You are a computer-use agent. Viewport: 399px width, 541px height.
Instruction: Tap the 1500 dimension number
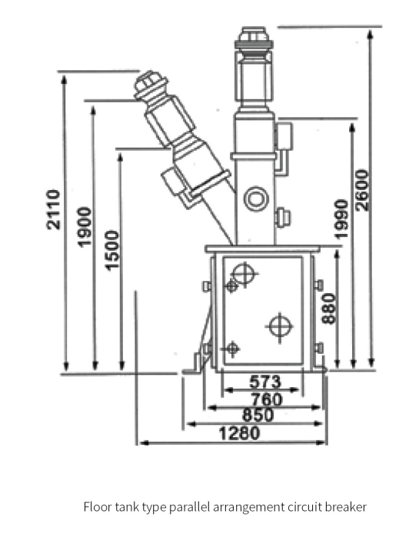112,249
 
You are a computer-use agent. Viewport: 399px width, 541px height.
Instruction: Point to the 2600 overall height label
362,190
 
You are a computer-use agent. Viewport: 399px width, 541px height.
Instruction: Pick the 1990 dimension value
343,219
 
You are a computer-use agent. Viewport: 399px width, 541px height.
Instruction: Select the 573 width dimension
266,382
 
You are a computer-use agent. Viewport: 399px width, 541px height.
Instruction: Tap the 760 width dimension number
266,399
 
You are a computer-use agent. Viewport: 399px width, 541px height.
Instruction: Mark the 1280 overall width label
239,433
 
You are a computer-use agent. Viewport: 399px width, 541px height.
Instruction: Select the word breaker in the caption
347,507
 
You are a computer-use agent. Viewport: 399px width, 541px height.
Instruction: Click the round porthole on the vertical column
254,200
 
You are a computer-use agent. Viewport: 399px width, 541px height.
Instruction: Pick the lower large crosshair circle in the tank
280,326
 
